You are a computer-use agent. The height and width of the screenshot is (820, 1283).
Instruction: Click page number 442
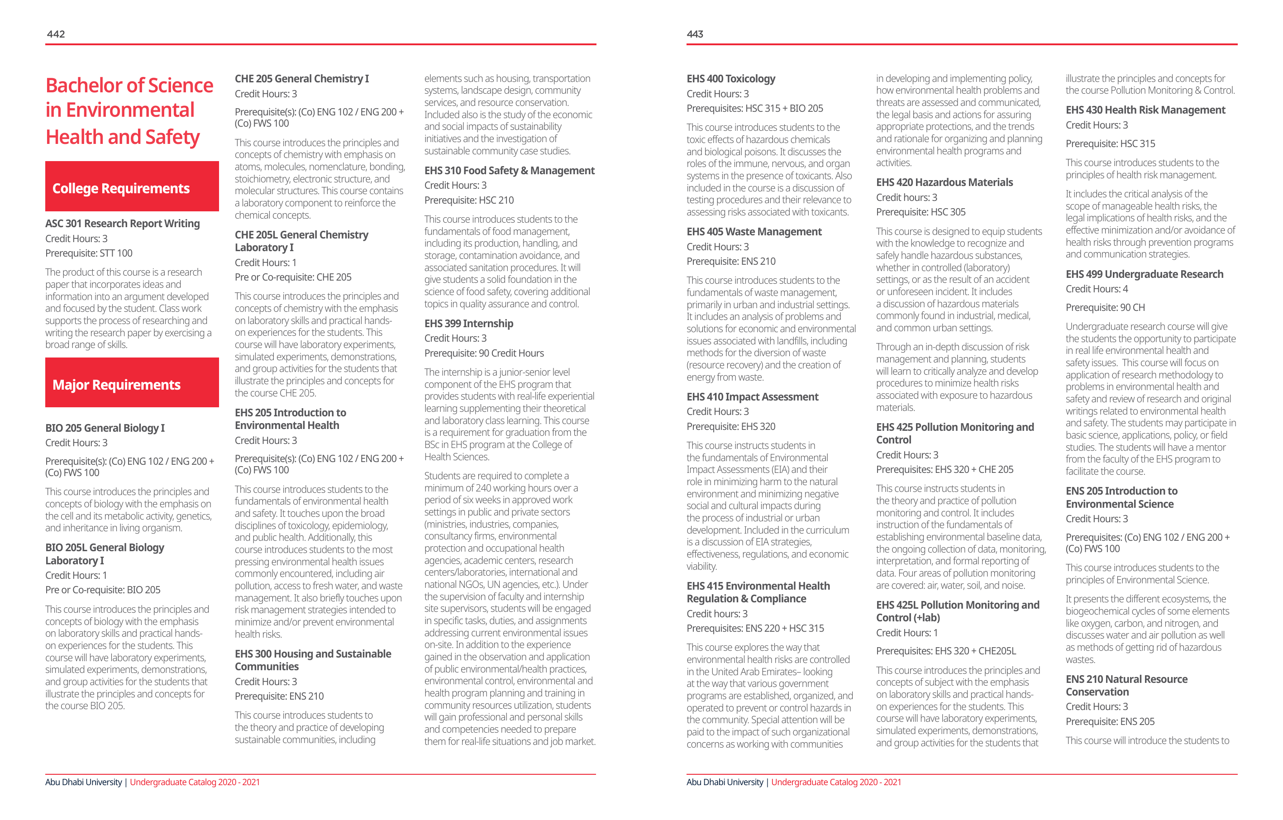pyautogui.click(x=56, y=34)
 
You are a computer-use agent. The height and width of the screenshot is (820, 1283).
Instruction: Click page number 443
pyautogui.click(x=695, y=34)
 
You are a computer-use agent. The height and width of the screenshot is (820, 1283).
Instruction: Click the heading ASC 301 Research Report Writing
pyautogui.click(x=123, y=224)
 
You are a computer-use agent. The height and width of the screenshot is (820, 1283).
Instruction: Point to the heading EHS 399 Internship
pyautogui.click(x=468, y=324)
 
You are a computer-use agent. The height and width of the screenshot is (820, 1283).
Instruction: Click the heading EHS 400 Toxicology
pyautogui.click(x=730, y=79)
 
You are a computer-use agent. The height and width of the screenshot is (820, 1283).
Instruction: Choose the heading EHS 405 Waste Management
pyautogui.click(x=754, y=232)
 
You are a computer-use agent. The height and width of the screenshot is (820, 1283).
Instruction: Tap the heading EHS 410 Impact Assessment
pyautogui.click(x=752, y=397)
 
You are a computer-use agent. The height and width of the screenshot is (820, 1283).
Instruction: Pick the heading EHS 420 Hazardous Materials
pyautogui.click(x=944, y=182)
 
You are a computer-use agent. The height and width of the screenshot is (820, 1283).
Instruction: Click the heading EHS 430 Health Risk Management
pyautogui.click(x=1145, y=110)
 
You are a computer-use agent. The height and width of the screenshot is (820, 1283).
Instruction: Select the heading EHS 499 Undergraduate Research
pyautogui.click(x=1144, y=274)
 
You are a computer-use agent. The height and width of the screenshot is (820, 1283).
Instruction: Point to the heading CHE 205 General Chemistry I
pyautogui.click(x=301, y=79)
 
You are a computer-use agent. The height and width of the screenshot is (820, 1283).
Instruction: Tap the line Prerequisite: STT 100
pyautogui.click(x=89, y=253)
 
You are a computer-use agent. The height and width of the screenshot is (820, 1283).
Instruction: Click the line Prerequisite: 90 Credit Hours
pyautogui.click(x=484, y=353)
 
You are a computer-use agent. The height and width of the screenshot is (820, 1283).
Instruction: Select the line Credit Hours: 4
pyautogui.click(x=1097, y=289)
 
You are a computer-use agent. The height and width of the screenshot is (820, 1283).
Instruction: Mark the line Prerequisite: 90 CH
pyautogui.click(x=1105, y=307)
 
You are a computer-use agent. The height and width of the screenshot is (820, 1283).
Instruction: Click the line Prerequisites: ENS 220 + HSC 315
pyautogui.click(x=755, y=628)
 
